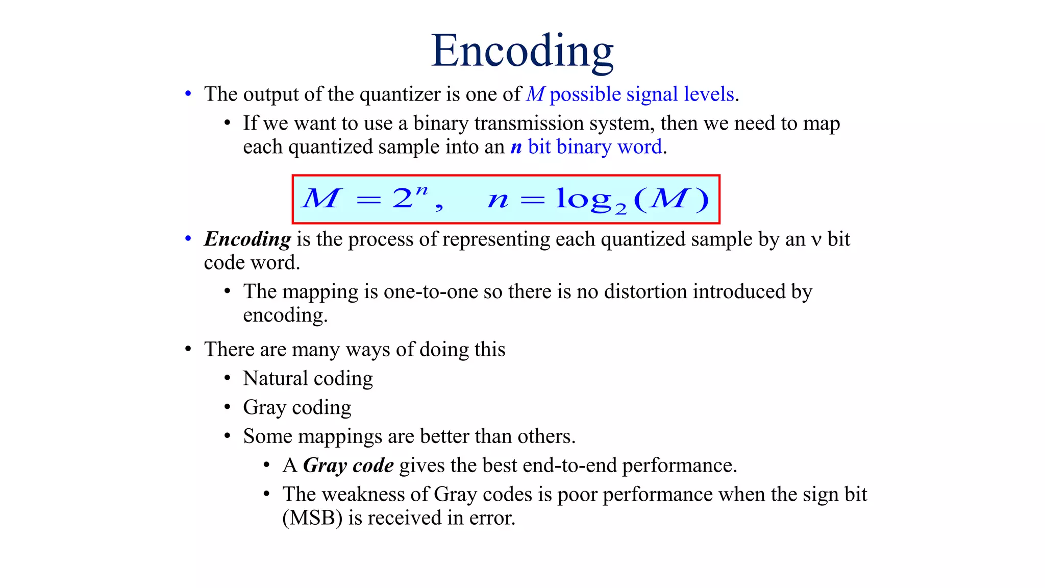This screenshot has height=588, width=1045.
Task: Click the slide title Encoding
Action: (x=522, y=51)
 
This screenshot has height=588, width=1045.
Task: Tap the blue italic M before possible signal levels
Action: (x=535, y=94)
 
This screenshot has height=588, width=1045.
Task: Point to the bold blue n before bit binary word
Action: (x=516, y=148)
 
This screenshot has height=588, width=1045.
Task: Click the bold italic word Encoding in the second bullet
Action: (x=247, y=239)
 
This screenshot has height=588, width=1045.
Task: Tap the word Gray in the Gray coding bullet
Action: (x=264, y=408)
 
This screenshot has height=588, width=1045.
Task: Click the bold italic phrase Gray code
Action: (x=348, y=465)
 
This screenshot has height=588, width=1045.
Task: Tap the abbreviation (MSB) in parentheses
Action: (x=312, y=518)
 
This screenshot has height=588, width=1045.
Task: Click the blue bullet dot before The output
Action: (x=188, y=94)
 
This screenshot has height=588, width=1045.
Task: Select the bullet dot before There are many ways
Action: (x=188, y=350)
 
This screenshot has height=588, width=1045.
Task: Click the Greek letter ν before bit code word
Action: (x=816, y=240)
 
